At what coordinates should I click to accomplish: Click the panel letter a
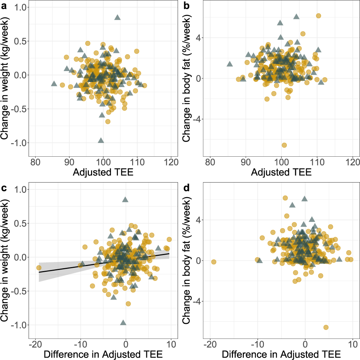click(4, 6)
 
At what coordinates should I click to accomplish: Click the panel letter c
click(4, 188)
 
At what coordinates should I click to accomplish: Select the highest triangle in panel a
click(117, 17)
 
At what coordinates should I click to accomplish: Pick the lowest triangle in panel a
click(101, 140)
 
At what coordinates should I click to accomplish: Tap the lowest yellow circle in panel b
click(284, 145)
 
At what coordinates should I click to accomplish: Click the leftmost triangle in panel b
click(230, 64)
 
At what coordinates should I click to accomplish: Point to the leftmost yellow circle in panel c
click(39, 268)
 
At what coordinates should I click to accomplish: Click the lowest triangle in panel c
click(123, 322)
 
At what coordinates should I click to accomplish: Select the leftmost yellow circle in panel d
click(214, 262)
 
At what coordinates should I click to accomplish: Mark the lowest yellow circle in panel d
click(326, 327)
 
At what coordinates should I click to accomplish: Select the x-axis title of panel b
click(281, 172)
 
